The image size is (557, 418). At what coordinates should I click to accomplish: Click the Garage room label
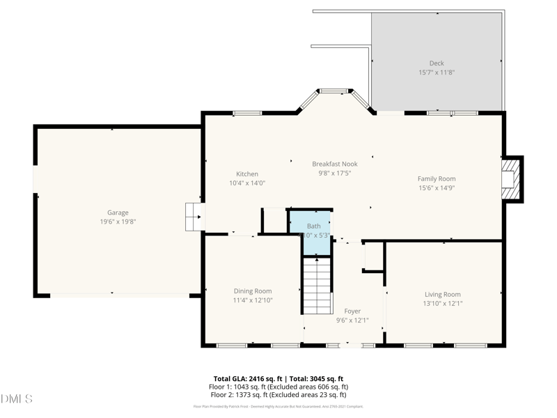118,212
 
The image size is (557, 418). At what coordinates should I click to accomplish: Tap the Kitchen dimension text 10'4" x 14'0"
247,183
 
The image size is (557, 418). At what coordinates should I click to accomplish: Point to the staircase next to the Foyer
317,286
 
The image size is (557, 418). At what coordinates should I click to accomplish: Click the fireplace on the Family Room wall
512,179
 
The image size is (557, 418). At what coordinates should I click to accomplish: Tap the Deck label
437,63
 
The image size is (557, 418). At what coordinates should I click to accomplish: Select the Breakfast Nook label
335,164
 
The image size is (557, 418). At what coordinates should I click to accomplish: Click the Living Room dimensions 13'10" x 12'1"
443,303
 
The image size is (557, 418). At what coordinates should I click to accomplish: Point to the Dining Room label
252,291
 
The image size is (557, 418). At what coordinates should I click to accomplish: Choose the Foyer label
352,311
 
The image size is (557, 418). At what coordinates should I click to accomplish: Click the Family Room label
437,178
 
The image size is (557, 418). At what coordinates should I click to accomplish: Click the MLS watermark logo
17,399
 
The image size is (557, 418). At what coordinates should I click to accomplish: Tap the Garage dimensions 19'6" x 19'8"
118,222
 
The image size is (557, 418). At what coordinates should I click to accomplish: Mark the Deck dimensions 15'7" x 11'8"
437,72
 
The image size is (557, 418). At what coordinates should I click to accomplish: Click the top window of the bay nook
335,91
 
